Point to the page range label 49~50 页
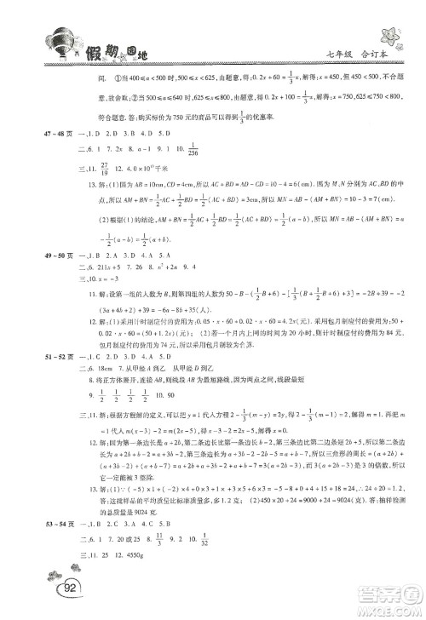38,255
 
